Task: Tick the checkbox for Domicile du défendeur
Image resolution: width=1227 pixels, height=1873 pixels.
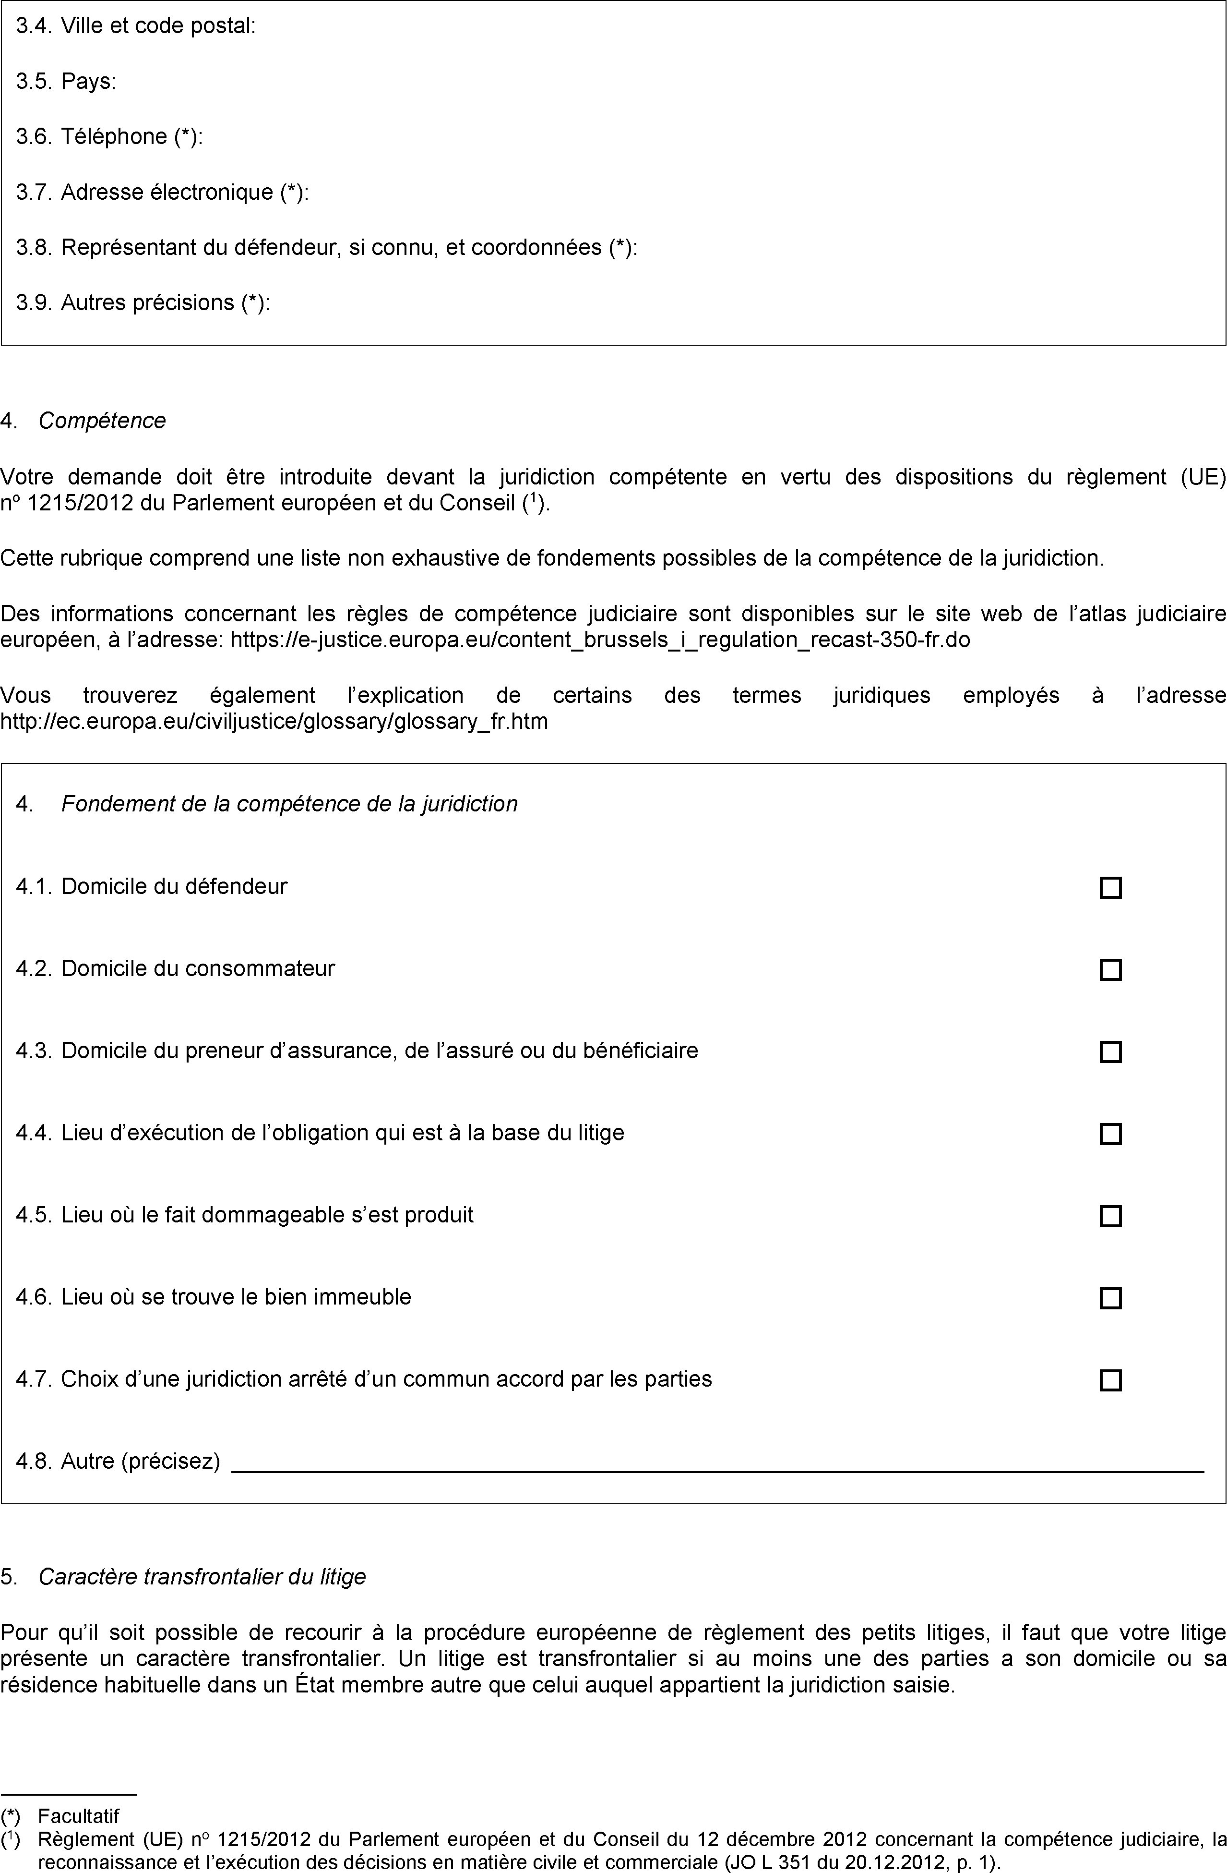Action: (x=1110, y=888)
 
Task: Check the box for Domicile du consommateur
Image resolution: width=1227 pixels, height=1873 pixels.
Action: (x=1110, y=969)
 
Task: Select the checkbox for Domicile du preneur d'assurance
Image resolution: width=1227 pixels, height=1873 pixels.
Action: (x=1110, y=1051)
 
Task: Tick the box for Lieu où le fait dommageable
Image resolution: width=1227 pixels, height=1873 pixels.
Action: (x=1110, y=1216)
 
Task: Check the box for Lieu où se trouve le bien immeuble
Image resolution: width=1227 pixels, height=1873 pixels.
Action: (x=1110, y=1298)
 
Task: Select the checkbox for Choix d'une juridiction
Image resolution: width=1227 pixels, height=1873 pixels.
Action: (x=1110, y=1380)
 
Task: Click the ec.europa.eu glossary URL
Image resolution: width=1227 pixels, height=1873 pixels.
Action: (x=274, y=721)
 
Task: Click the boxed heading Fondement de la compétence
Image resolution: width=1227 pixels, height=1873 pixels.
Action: (x=289, y=803)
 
